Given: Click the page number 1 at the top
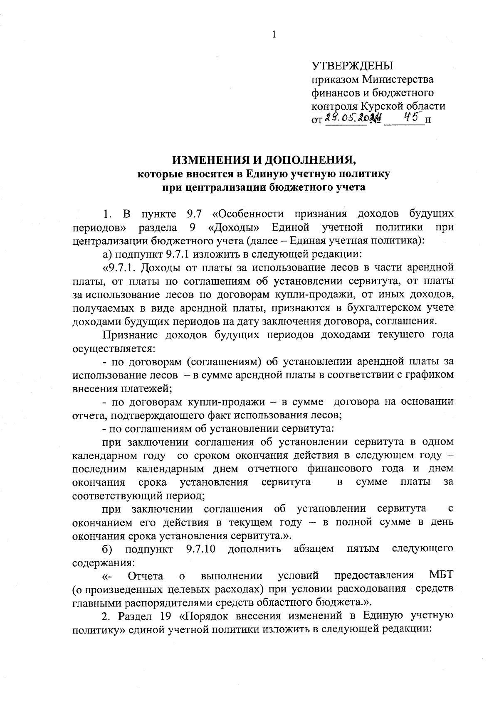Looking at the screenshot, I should point(274,35).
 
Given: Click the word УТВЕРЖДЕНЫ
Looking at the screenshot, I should point(352,66).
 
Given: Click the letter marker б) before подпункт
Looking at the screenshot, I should point(108,549).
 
